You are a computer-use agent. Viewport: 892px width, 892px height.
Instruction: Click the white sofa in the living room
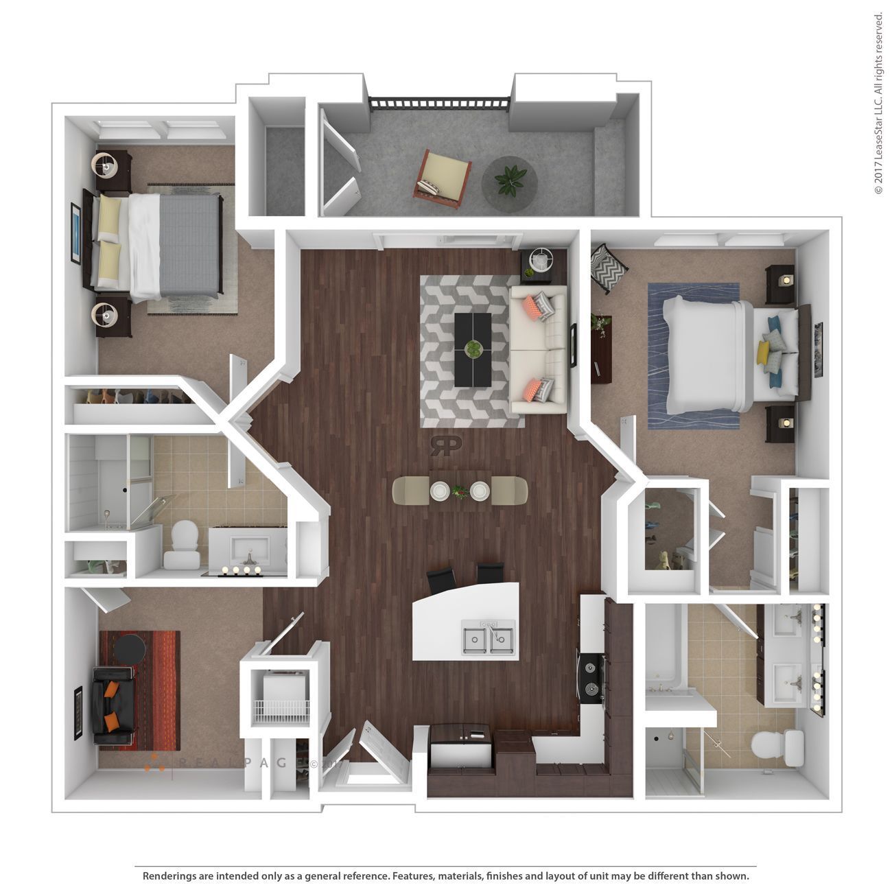pos(538,350)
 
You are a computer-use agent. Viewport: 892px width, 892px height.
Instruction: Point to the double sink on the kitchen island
pos(488,638)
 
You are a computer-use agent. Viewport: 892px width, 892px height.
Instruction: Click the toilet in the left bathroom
pos(183,544)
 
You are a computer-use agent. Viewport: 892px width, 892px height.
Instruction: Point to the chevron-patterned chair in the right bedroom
pos(608,270)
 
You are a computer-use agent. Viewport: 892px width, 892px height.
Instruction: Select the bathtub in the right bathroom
pos(664,652)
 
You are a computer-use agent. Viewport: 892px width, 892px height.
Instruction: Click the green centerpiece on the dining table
pos(459,490)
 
